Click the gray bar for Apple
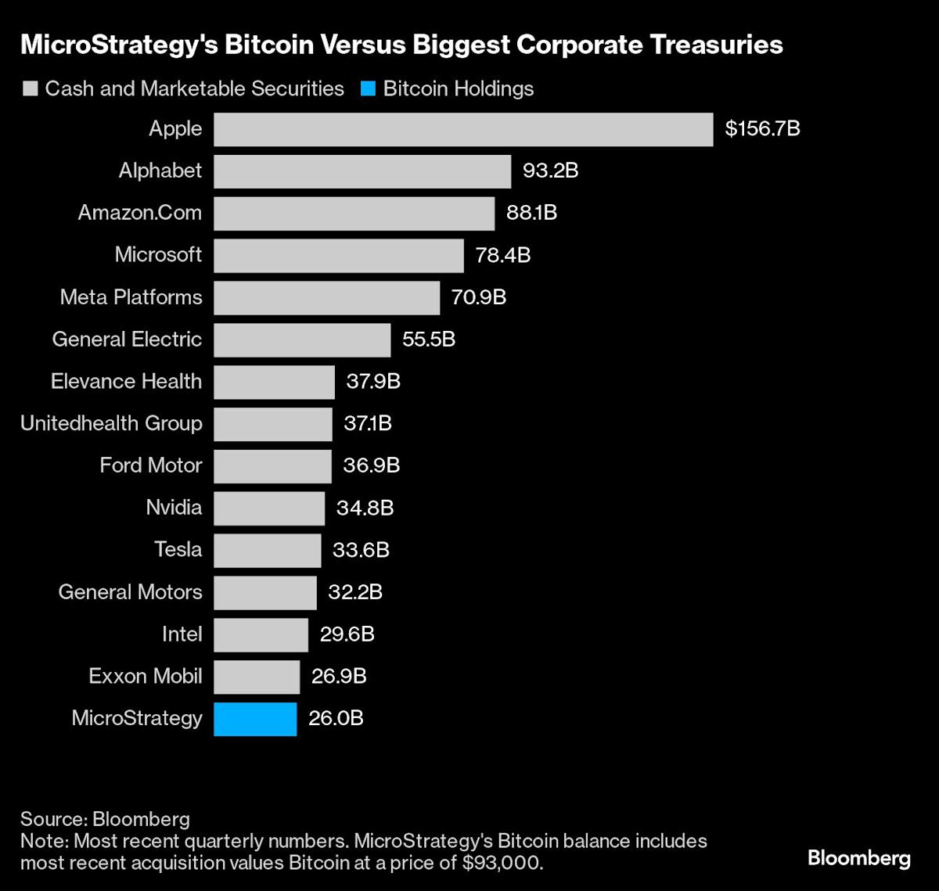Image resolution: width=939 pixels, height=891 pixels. click(x=463, y=129)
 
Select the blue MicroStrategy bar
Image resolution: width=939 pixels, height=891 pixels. click(x=255, y=719)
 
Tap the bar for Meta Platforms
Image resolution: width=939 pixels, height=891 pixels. click(x=326, y=298)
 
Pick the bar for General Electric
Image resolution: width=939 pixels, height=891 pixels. click(x=302, y=340)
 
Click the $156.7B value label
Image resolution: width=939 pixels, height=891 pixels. click(x=762, y=129)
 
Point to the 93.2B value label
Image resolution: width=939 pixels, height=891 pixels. click(x=550, y=171)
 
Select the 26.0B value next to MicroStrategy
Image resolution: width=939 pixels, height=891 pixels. click(x=336, y=719)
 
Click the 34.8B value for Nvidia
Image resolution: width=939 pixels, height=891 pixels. click(x=365, y=508)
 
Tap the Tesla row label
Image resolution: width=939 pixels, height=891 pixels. click(x=178, y=550)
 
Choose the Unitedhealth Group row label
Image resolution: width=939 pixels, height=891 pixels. click(x=111, y=424)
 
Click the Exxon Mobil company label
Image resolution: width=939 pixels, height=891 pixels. click(x=146, y=677)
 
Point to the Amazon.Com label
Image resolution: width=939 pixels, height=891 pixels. click(x=140, y=213)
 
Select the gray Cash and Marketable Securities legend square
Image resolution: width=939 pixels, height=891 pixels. click(x=30, y=89)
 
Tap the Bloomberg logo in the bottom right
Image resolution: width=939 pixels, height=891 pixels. click(x=858, y=858)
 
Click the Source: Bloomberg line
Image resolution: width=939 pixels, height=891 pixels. click(x=105, y=819)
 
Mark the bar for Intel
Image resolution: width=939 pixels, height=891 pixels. click(x=261, y=634)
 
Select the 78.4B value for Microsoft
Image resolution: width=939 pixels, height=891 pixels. click(x=502, y=256)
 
